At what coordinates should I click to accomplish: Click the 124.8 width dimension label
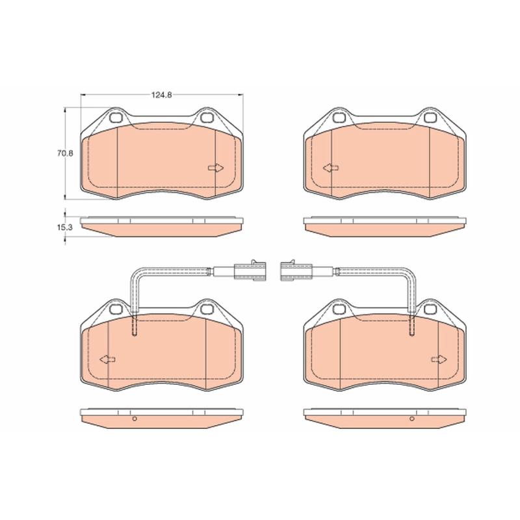pyautogui.click(x=161, y=95)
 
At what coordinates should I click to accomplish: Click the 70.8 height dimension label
pyautogui.click(x=64, y=153)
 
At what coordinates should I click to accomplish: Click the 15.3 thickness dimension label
pyautogui.click(x=64, y=227)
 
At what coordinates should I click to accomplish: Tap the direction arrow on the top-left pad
pyautogui.click(x=216, y=168)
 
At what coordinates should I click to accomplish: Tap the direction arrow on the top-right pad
pyautogui.click(x=331, y=168)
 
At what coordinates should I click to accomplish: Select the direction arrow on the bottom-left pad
pyautogui.click(x=108, y=359)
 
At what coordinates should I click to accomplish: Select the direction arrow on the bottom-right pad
pyautogui.click(x=439, y=359)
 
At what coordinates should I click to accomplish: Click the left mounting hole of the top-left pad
pyautogui.click(x=116, y=118)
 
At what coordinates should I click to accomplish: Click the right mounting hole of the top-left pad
pyautogui.click(x=207, y=118)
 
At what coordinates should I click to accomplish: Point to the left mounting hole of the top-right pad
pyautogui.click(x=339, y=118)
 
